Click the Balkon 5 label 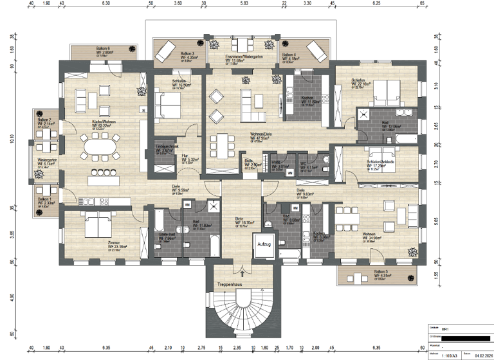381,273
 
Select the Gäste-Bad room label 168,234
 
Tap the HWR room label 275,163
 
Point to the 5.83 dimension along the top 243,4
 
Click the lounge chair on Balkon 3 166,49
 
